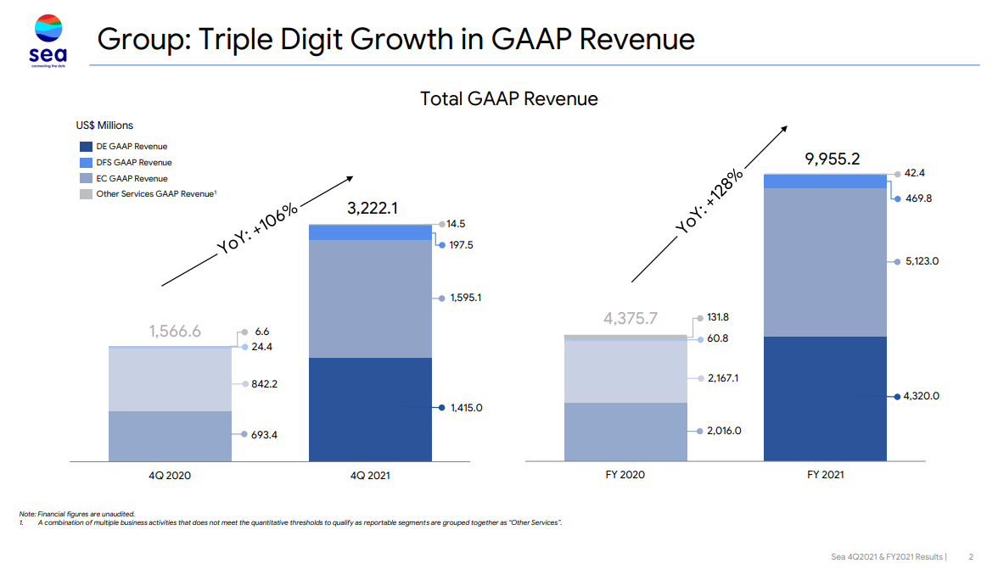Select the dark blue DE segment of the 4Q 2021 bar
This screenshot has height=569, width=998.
click(370, 410)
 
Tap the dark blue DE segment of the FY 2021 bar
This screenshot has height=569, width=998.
click(825, 399)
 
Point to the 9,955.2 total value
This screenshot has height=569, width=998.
click(832, 159)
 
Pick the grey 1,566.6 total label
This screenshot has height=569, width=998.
click(175, 332)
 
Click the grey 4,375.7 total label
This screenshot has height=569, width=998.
click(631, 319)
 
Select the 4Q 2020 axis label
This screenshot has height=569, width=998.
click(170, 476)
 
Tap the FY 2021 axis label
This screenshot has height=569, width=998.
click(825, 475)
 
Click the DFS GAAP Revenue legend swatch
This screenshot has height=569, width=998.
click(86, 163)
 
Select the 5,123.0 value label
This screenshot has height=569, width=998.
click(921, 261)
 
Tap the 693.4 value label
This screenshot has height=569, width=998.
click(264, 435)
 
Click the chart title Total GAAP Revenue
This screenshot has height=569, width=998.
click(508, 99)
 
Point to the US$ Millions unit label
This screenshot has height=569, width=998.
click(104, 126)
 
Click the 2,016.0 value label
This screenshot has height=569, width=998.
click(724, 431)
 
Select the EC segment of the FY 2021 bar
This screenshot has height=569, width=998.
click(825, 262)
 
